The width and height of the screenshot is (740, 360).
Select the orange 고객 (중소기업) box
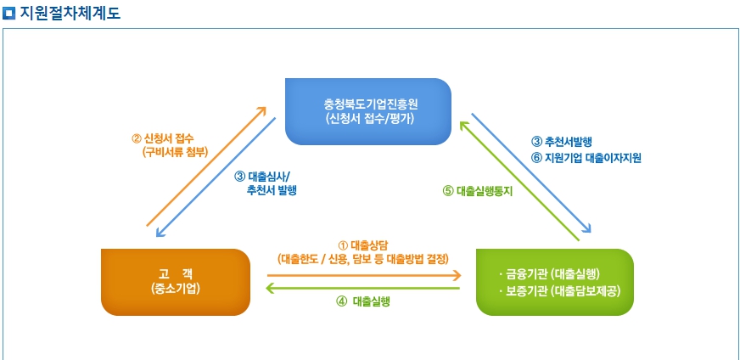(x=176, y=281)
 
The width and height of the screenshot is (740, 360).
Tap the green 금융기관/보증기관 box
(x=554, y=282)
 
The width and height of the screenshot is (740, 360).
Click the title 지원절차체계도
(x=70, y=13)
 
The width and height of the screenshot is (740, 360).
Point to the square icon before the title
(x=9, y=13)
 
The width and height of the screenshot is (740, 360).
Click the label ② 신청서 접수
(x=169, y=138)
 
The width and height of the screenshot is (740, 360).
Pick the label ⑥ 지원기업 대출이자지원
(x=586, y=157)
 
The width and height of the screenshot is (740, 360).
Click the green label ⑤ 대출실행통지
(x=478, y=191)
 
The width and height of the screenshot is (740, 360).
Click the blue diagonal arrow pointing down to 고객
(x=216, y=177)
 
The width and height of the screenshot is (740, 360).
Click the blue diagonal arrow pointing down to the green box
(x=531, y=173)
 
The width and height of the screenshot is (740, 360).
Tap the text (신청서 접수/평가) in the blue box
(x=368, y=119)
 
